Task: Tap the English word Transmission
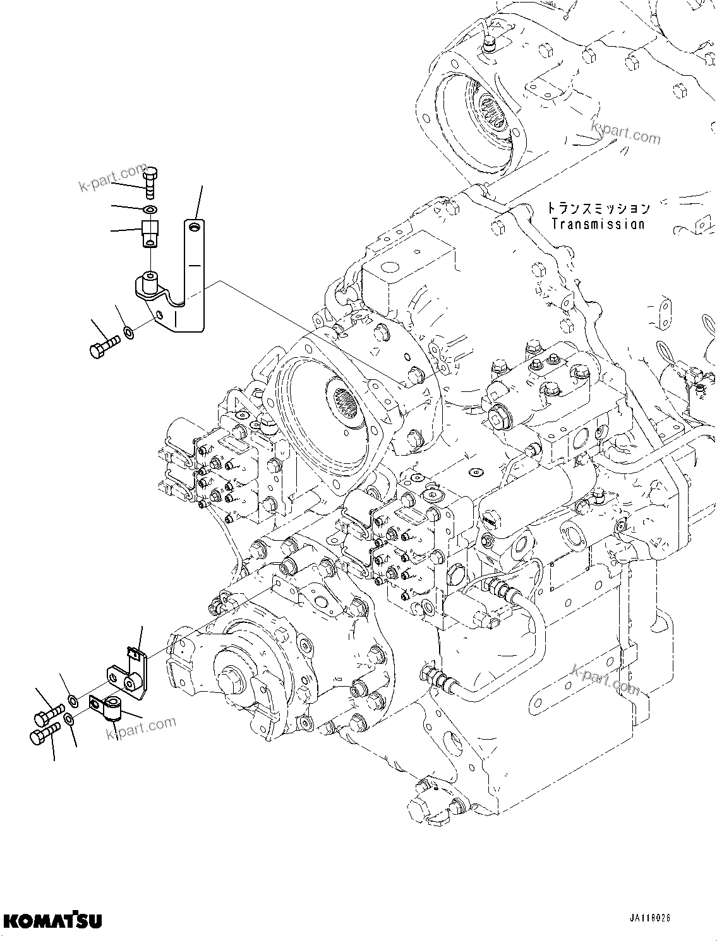tap(598, 223)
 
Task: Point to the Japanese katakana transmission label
tap(598, 208)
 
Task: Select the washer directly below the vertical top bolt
tap(150, 209)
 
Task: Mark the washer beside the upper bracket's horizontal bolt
tap(128, 332)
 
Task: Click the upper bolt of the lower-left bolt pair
tap(47, 715)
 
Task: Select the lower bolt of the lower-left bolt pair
tap(44, 734)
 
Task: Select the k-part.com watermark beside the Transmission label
tap(625, 133)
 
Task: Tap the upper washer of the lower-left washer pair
tap(73, 699)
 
